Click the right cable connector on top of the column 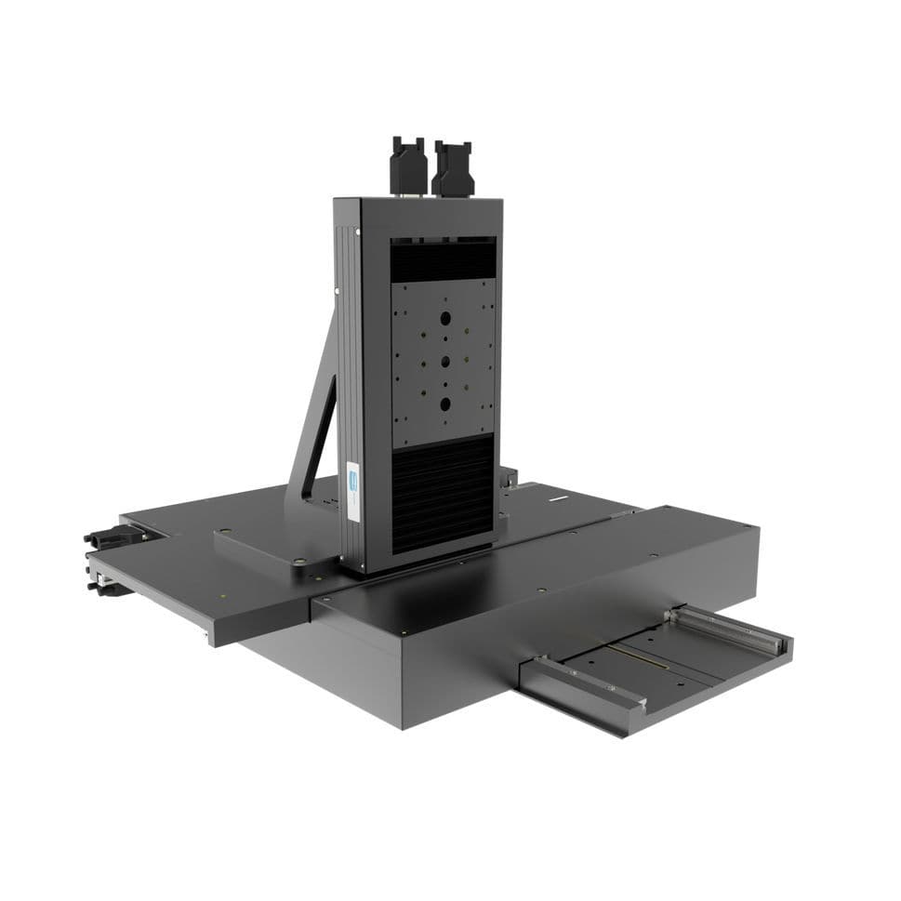click(x=452, y=168)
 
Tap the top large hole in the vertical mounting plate click(x=444, y=319)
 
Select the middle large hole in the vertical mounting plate click(x=445, y=361)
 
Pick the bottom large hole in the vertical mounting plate click(x=446, y=404)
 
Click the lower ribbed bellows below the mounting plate click(x=443, y=493)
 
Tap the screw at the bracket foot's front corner click(x=299, y=562)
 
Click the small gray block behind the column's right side click(x=509, y=476)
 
